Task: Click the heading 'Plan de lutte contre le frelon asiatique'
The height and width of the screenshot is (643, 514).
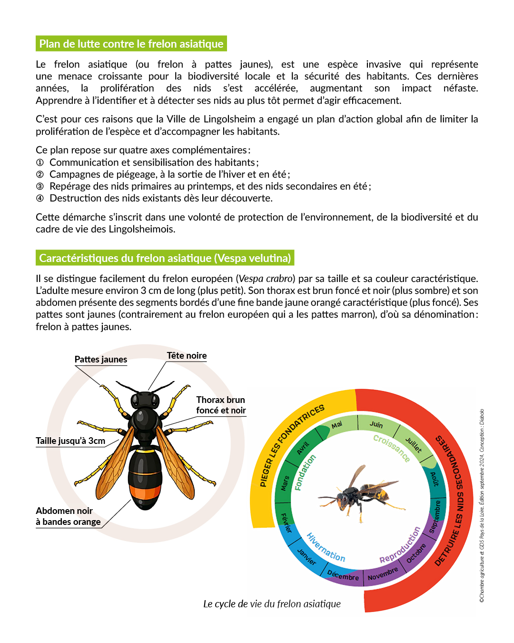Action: click(x=131, y=44)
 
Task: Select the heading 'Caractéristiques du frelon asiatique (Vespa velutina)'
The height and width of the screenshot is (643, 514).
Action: click(x=165, y=258)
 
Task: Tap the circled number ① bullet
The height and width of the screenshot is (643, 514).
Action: click(x=40, y=162)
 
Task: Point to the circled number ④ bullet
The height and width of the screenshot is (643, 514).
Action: click(x=40, y=198)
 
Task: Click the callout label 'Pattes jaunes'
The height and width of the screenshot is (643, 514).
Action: click(x=101, y=360)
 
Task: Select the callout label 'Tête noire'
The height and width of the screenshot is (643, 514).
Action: click(x=187, y=356)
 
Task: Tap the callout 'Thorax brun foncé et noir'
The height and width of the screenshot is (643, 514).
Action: click(x=221, y=405)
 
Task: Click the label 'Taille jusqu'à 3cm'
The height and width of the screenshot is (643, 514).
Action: click(x=70, y=441)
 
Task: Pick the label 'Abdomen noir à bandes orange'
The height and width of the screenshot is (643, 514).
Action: click(x=68, y=516)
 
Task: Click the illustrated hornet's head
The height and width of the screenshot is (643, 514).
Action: click(x=145, y=400)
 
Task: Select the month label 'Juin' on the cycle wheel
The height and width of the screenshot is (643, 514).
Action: click(x=376, y=424)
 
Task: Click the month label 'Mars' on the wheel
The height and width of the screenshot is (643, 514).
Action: click(x=285, y=483)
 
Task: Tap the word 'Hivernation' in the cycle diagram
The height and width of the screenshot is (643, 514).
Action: click(x=326, y=547)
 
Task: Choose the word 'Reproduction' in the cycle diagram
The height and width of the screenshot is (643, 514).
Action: click(x=400, y=545)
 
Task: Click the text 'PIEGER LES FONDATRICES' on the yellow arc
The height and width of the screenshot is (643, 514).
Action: click(x=291, y=445)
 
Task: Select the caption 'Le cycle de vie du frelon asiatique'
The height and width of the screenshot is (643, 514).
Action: click(x=272, y=604)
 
